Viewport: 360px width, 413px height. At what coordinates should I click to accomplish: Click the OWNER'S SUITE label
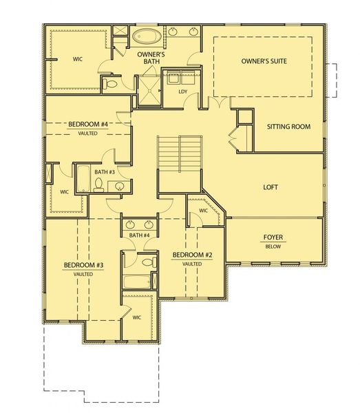coord(264,61)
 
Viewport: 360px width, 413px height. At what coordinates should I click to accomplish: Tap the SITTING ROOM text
coord(288,127)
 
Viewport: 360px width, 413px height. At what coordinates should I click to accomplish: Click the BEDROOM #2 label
coord(191,255)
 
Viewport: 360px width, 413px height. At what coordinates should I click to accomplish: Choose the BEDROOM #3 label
coord(83,265)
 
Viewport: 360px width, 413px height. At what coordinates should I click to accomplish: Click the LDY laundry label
coord(183,91)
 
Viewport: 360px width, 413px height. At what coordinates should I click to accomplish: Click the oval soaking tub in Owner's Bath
coord(146,36)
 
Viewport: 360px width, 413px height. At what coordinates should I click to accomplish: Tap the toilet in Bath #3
coord(98,184)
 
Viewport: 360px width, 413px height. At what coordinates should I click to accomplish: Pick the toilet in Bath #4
coord(147,262)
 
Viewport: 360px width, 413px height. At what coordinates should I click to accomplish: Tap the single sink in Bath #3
coord(120,186)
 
